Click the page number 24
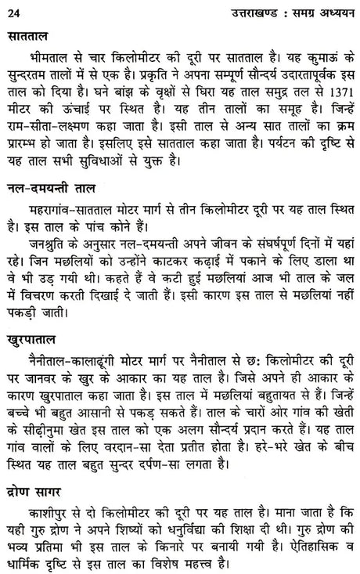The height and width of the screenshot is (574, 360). [x=12, y=9]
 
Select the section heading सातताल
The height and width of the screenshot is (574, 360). [x=28, y=37]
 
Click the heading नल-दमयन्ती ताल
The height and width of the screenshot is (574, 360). [x=54, y=209]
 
